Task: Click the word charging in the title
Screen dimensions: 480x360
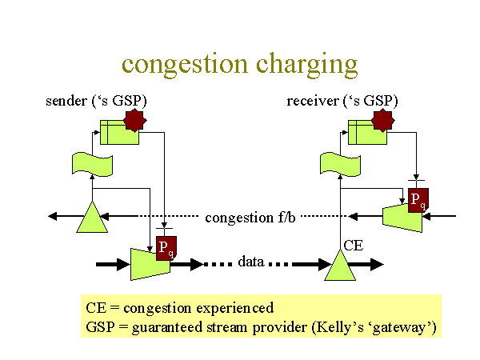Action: tap(306, 66)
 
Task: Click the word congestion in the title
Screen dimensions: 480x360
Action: tap(185, 65)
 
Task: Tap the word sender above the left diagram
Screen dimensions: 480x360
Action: tap(66, 101)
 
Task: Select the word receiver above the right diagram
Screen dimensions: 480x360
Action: tap(313, 101)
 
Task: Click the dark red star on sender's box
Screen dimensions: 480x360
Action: tap(135, 120)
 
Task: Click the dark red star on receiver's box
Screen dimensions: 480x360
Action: tap(383, 120)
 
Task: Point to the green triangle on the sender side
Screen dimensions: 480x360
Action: tap(92, 217)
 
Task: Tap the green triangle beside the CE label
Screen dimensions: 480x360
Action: tap(340, 265)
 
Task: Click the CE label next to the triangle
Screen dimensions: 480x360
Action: tap(354, 246)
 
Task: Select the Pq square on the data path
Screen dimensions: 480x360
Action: tap(166, 248)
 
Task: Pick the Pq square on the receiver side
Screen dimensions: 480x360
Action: tap(418, 200)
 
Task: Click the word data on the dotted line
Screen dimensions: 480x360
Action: tap(251, 262)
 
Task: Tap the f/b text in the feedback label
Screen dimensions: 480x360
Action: tap(287, 218)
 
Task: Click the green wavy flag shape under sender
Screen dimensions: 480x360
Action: tap(92, 164)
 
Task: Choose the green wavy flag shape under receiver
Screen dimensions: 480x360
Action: tap(340, 164)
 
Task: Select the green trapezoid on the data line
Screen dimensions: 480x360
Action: tap(150, 264)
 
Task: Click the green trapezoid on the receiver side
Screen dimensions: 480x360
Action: tap(402, 218)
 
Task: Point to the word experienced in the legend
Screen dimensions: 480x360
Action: tap(234, 308)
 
